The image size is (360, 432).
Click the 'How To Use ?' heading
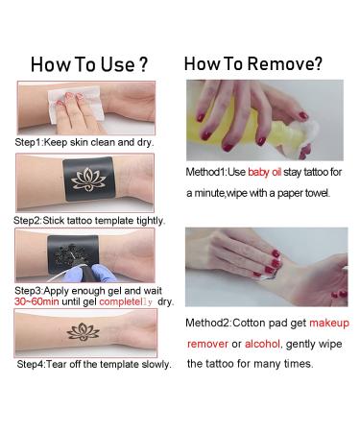[89, 64]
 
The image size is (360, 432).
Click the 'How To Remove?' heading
[253, 63]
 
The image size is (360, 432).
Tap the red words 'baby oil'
[264, 172]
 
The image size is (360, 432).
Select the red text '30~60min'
[36, 301]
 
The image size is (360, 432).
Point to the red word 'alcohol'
[262, 344]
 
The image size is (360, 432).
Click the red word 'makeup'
[329, 323]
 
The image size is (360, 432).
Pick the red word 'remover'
[207, 345]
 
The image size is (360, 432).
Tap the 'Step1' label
[28, 142]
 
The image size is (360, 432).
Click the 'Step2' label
[27, 221]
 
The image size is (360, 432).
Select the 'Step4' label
[31, 364]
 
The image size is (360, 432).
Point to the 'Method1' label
[205, 172]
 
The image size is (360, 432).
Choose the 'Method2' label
[207, 323]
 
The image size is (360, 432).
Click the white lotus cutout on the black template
[88, 180]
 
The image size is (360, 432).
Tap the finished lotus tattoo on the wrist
[83, 332]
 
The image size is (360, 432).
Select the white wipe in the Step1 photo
[76, 107]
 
